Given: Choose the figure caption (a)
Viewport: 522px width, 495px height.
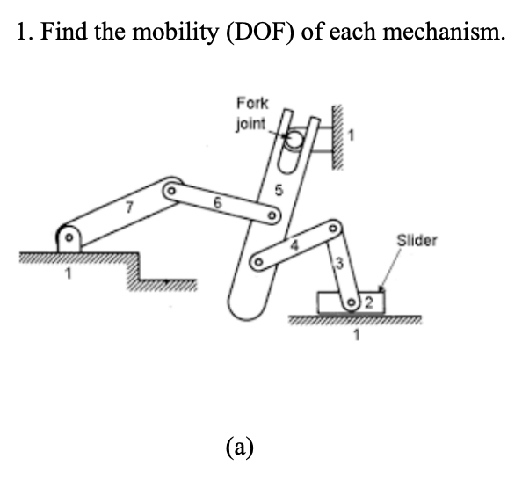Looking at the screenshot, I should pos(239,447).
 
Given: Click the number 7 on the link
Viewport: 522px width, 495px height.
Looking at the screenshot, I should pos(128,209).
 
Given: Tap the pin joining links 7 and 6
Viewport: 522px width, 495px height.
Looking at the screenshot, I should pos(173,189).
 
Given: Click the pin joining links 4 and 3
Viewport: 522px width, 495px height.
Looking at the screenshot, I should pos(332,228).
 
